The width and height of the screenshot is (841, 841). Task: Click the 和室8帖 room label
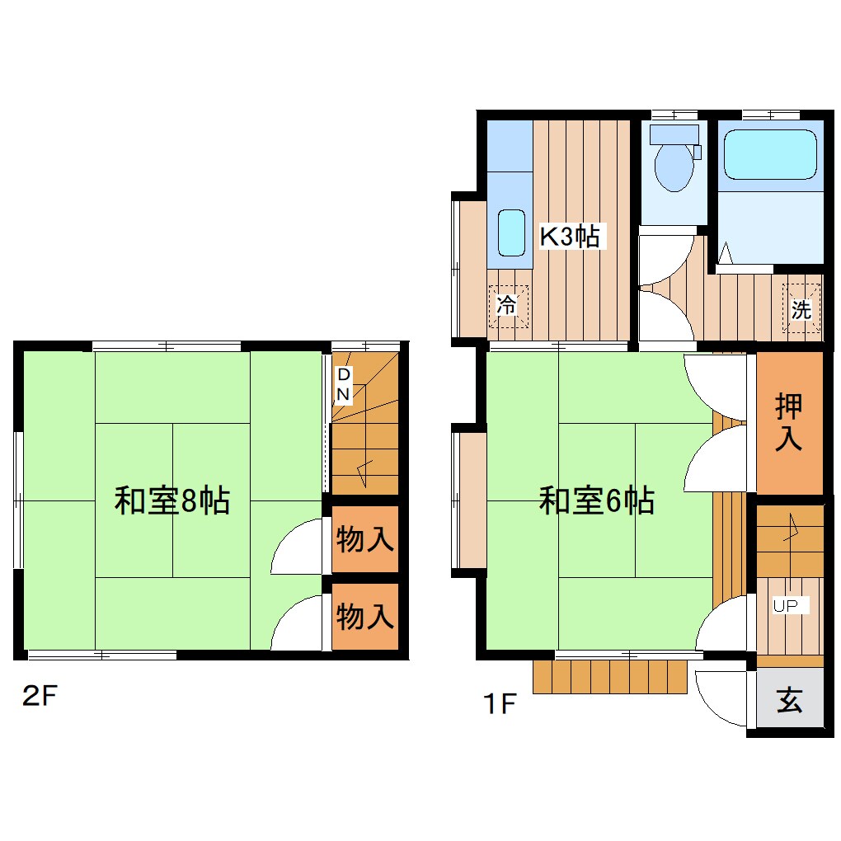coord(171,500)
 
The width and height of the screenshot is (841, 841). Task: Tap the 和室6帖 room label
coord(597,500)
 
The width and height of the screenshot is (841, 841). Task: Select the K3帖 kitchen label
coord(569,237)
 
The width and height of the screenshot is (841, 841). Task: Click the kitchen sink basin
coord(512,233)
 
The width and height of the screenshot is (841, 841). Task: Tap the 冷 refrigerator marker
coord(506,306)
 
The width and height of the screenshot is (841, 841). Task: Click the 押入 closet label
coord(789,422)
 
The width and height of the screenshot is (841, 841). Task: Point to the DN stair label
coord(344,384)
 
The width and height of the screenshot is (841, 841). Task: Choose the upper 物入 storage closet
coord(364,541)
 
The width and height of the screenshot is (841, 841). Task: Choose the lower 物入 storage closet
coord(364,616)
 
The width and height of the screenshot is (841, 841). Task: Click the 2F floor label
coord(39,697)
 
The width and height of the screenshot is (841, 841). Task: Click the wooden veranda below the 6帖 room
coord(610,676)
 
